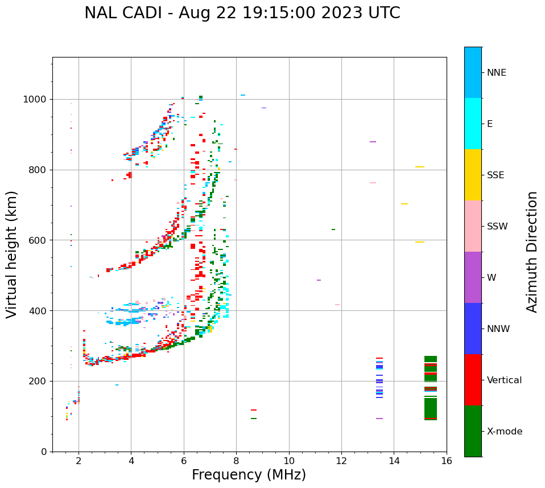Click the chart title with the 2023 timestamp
pyautogui.click(x=242, y=13)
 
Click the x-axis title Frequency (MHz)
pyautogui.click(x=249, y=475)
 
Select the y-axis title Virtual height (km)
pyautogui.click(x=12, y=254)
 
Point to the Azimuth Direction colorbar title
pyautogui.click(x=532, y=252)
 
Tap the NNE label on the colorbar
pyautogui.click(x=496, y=73)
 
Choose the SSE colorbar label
pyautogui.click(x=495, y=175)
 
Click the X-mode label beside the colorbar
pyautogui.click(x=504, y=432)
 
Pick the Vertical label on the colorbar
pyautogui.click(x=504, y=380)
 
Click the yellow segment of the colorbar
pyautogui.click(x=473, y=174)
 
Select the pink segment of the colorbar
pyautogui.click(x=473, y=225)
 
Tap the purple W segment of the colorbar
pyautogui.click(x=473, y=277)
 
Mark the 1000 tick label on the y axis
pyautogui.click(x=36, y=100)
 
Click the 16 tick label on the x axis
pyautogui.click(x=447, y=461)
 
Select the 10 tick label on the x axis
pyautogui.click(x=289, y=461)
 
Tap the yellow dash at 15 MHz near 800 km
pyautogui.click(x=420, y=167)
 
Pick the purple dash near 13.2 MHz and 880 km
pyautogui.click(x=373, y=142)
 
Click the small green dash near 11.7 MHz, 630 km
pyautogui.click(x=333, y=229)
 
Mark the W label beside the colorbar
pyautogui.click(x=491, y=278)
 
